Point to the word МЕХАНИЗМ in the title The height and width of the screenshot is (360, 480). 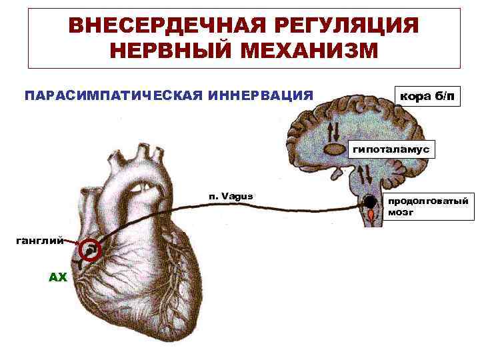(x=311, y=51)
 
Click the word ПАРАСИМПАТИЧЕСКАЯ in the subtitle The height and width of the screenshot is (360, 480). (x=112, y=95)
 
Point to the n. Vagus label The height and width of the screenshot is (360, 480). (x=231, y=196)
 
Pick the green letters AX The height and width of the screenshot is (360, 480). (x=59, y=277)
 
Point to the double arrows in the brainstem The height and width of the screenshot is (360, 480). (x=364, y=174)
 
